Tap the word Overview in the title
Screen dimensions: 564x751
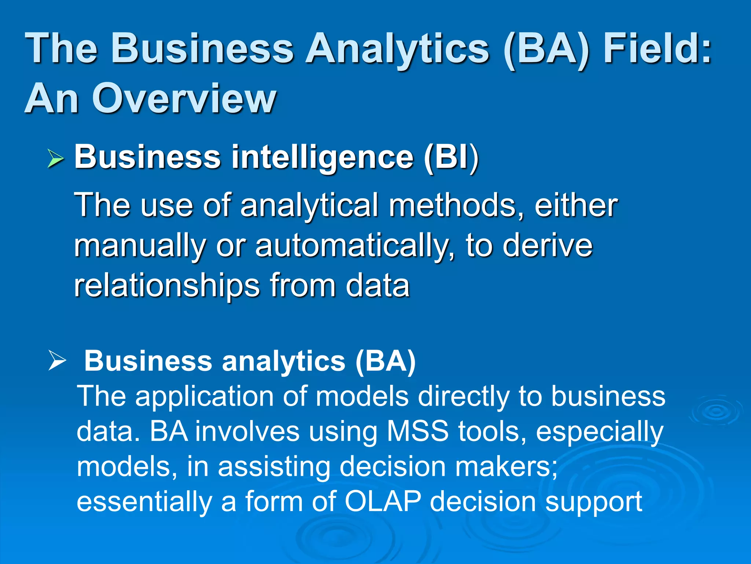pyautogui.click(x=184, y=98)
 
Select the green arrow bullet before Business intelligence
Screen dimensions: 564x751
pyautogui.click(x=56, y=159)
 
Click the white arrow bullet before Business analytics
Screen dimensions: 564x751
pyautogui.click(x=57, y=361)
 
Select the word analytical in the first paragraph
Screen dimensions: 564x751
pyautogui.click(x=309, y=206)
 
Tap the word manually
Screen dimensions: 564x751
pyautogui.click(x=140, y=246)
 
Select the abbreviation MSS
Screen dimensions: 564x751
pyautogui.click(x=418, y=431)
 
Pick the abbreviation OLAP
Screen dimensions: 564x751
pyautogui.click(x=383, y=502)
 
